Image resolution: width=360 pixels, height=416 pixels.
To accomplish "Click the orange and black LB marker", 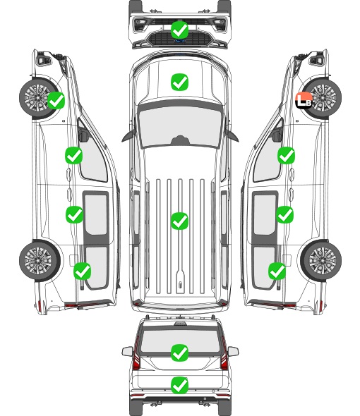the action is click(x=304, y=100).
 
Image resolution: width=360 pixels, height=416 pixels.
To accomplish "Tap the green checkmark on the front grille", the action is click(x=179, y=30).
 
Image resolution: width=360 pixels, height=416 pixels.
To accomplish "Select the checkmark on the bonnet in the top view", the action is click(x=179, y=82).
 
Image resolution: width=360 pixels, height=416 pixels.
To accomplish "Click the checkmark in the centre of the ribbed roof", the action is click(x=179, y=221).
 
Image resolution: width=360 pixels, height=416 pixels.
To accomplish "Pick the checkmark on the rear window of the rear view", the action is click(x=179, y=353).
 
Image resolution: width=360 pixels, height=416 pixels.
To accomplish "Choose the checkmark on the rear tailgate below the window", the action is click(x=179, y=385).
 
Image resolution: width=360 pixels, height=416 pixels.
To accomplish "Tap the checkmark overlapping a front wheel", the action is click(x=56, y=100).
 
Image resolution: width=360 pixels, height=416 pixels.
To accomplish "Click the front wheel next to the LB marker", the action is click(x=322, y=98).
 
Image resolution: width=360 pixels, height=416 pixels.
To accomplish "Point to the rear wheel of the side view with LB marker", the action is click(x=321, y=261).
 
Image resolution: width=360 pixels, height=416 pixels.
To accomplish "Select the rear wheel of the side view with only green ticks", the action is click(x=40, y=261).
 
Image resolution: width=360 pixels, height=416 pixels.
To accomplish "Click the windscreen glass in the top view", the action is click(x=180, y=127).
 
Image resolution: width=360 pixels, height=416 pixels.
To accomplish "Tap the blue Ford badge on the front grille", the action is click(x=180, y=41).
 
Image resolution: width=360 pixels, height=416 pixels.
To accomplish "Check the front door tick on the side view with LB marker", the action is click(x=286, y=155).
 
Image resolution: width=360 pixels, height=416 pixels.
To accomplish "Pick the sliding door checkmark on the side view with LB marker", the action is click(x=284, y=214).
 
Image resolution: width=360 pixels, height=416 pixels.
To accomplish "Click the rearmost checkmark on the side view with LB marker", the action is click(x=277, y=271).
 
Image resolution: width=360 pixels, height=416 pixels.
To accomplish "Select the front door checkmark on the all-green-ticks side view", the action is click(x=74, y=155).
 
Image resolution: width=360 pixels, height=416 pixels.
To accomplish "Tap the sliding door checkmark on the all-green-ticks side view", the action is click(x=74, y=214).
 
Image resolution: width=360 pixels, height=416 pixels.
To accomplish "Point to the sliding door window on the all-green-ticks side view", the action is click(x=96, y=214).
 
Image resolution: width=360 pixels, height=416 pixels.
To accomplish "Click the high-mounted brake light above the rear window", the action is click(x=180, y=324).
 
